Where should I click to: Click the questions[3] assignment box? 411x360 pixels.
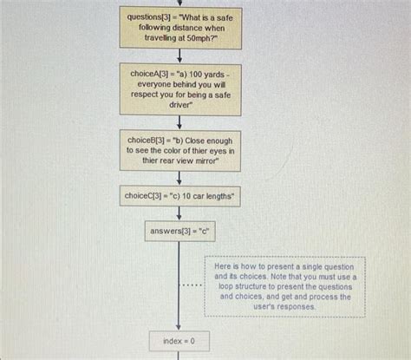[x=180, y=28]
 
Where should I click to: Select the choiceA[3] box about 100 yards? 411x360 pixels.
[x=180, y=89]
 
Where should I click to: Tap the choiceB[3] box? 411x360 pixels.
[x=180, y=151]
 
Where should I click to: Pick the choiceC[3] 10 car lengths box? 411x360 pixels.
[x=179, y=196]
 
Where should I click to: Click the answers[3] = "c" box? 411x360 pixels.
[x=179, y=231]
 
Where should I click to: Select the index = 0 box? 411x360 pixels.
[x=179, y=341]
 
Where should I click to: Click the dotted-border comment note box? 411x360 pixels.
[x=285, y=286]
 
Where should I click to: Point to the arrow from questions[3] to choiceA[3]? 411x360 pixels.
[x=179, y=56]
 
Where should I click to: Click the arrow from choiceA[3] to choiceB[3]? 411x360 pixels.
[x=179, y=122]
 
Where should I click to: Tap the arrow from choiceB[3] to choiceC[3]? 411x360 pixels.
[x=179, y=178]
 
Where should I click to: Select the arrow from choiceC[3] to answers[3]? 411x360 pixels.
[x=179, y=213]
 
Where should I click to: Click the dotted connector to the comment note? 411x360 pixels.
[x=192, y=285]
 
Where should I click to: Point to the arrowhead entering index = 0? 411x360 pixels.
[x=179, y=327]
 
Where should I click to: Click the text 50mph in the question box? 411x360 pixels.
[x=199, y=38]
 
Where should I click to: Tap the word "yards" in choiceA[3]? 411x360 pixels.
[x=214, y=75]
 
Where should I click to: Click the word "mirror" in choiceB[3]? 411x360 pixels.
[x=205, y=160]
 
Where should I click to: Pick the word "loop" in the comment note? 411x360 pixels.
[x=225, y=286]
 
